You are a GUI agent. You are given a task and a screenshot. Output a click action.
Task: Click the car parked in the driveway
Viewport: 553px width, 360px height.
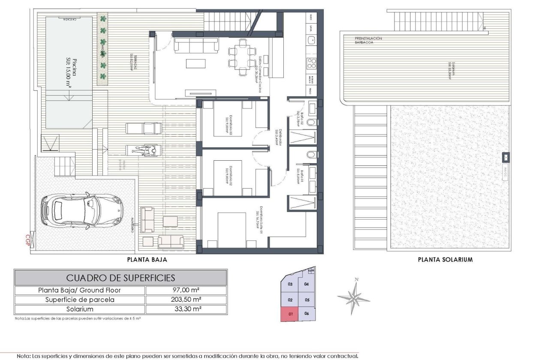(x=81, y=210)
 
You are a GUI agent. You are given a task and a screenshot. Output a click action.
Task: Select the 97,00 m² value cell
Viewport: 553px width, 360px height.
(x=186, y=290)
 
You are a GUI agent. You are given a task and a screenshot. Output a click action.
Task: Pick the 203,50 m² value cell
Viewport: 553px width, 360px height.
(x=186, y=300)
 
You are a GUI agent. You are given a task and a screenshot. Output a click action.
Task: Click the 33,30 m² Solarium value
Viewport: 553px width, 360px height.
(x=186, y=309)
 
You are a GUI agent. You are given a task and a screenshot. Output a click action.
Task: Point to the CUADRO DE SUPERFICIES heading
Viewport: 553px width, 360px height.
(x=120, y=278)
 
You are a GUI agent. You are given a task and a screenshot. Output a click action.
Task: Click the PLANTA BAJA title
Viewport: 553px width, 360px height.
(x=147, y=259)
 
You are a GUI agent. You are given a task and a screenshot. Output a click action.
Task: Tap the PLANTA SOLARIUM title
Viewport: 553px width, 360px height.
(x=445, y=259)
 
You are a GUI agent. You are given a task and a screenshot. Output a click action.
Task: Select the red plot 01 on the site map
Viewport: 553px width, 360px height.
(x=290, y=314)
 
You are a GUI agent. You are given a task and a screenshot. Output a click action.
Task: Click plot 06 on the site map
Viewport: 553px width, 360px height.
(x=307, y=314)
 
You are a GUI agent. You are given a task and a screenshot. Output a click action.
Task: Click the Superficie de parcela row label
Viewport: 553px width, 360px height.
(x=80, y=300)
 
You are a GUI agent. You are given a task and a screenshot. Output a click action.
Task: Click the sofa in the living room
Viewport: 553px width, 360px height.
(x=196, y=45)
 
